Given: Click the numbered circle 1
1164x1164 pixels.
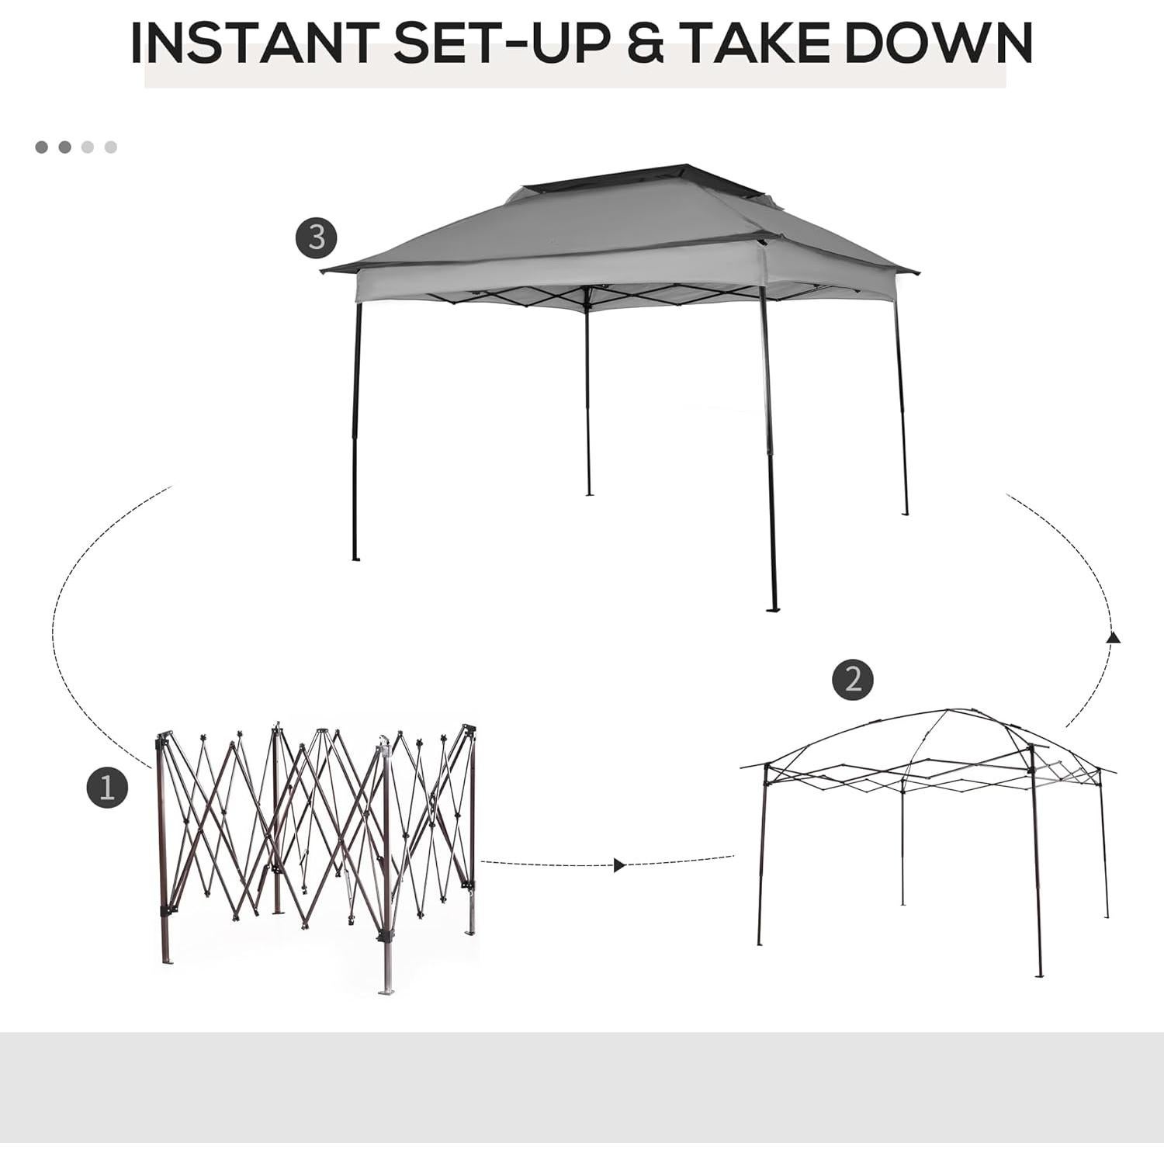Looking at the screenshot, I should pos(106,788).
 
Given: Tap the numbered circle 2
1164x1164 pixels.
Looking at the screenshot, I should pos(852,680).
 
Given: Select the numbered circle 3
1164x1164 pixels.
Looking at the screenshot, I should pos(316,237).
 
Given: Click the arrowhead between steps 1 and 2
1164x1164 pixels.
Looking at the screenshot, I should pos(618,865).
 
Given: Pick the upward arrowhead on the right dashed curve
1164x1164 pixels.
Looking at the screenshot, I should pos(1114,637).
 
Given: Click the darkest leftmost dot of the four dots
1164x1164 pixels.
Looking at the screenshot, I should pos(41,147).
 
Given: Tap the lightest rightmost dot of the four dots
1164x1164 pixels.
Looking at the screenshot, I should pos(111,147).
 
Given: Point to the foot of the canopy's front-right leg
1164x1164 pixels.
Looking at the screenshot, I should pos(772,609).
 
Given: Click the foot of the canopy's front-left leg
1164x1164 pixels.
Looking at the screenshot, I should pos(355,557).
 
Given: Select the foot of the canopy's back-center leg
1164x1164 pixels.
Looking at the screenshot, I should pos(589,493).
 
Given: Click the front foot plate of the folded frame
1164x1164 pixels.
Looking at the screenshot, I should pos(386,990).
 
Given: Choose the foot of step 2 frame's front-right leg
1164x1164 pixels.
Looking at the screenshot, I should pos(1039,975).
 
